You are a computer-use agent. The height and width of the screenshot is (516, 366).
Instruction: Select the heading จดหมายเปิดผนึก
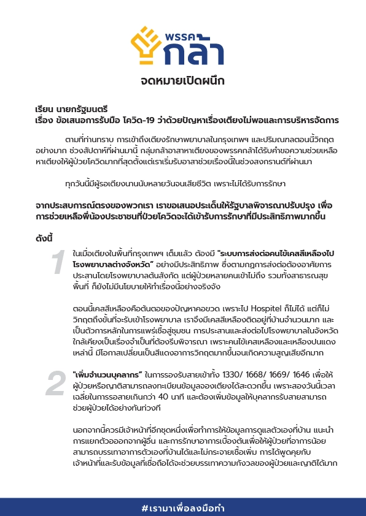[182, 81]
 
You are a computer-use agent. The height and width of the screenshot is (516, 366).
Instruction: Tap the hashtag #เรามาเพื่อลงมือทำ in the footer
[182, 508]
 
